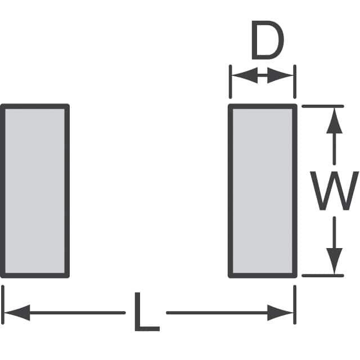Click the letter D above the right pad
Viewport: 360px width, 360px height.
coord(267,41)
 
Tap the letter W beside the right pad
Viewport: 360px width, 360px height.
coord(335,191)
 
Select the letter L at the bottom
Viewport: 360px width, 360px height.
coord(146,312)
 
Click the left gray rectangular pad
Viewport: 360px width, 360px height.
coord(35,191)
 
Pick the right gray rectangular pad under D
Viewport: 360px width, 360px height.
coord(262,191)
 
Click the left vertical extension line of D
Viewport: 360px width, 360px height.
coord(230,82)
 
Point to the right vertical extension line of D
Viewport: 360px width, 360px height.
coord(294,82)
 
